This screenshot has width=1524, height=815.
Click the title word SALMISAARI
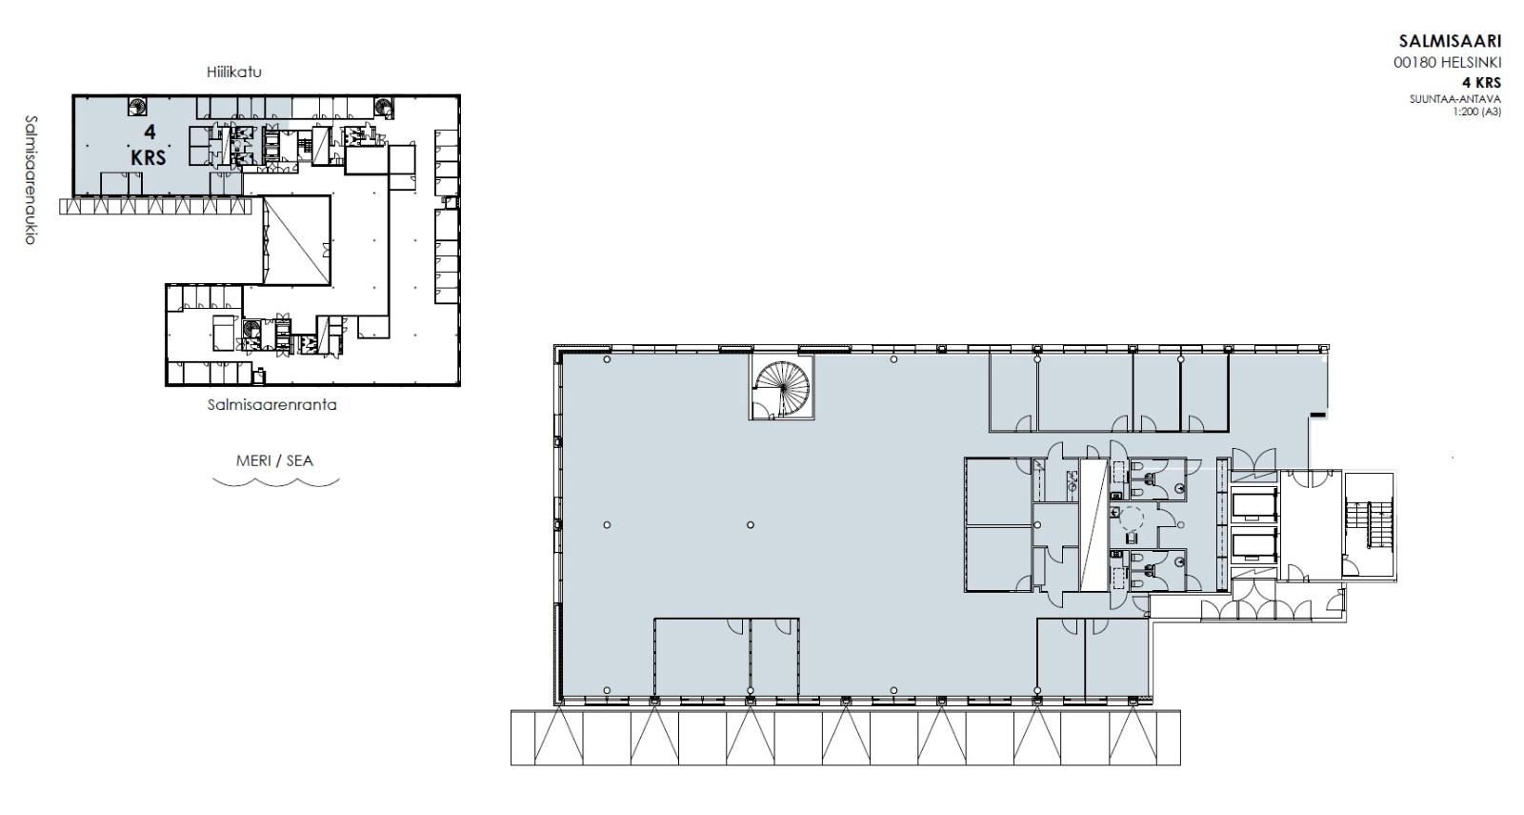(1450, 42)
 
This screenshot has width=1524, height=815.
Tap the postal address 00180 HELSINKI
(1447, 63)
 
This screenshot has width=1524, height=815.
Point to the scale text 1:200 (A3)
(1476, 111)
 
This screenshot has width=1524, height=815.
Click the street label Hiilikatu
(234, 71)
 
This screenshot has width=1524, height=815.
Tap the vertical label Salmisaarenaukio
(30, 180)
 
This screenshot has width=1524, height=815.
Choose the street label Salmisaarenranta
(272, 405)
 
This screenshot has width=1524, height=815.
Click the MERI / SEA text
(274, 461)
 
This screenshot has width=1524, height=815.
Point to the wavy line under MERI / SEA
(275, 482)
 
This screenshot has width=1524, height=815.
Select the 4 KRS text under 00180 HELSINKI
(1481, 82)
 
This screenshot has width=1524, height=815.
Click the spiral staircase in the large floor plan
(782, 387)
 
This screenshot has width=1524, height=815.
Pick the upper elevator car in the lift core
(1254, 505)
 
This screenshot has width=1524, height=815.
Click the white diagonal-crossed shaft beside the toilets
(1094, 525)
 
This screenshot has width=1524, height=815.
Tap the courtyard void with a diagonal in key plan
(296, 240)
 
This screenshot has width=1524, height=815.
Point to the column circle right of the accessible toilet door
(1180, 525)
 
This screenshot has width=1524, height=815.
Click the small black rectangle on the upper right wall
(1318, 415)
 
